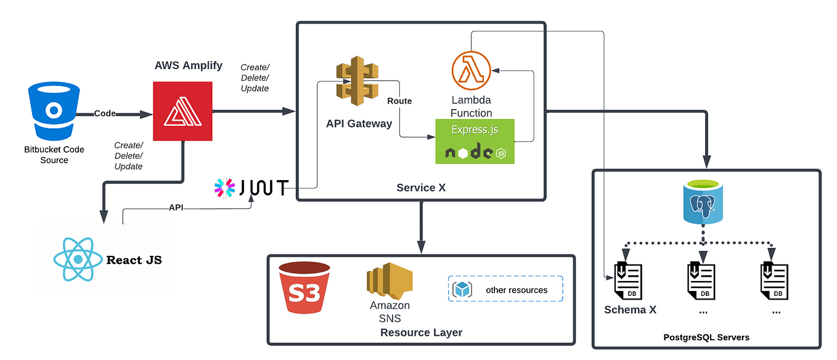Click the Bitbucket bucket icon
pyautogui.click(x=54, y=111)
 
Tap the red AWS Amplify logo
pyautogui.click(x=182, y=111)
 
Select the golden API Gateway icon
pyautogui.click(x=357, y=81)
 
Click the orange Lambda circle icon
pyautogui.click(x=471, y=71)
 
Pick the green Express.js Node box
pyautogui.click(x=475, y=141)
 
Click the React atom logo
pyautogui.click(x=78, y=259)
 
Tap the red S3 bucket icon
pyautogui.click(x=304, y=287)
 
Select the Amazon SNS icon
pyautogui.click(x=390, y=280)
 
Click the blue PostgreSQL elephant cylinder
pyautogui.click(x=703, y=202)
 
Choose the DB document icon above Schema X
pyautogui.click(x=628, y=282)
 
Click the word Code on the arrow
pyautogui.click(x=105, y=113)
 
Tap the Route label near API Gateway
pyautogui.click(x=399, y=101)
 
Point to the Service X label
pyautogui.click(x=421, y=187)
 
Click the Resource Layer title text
pyautogui.click(x=421, y=332)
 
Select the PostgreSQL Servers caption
pyautogui.click(x=706, y=337)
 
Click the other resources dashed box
pyautogui.click(x=505, y=288)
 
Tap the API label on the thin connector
pyautogui.click(x=176, y=208)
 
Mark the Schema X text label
pyautogui.click(x=630, y=309)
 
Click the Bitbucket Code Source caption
pyautogui.click(x=54, y=155)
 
